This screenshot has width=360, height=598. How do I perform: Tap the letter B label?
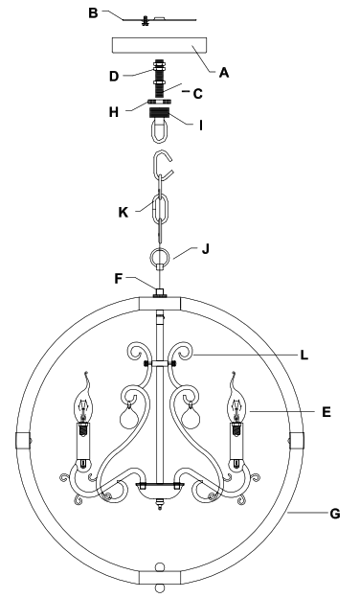(x=92, y=13)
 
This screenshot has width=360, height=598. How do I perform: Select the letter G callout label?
(x=334, y=514)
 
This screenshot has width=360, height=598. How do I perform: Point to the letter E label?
(x=327, y=412)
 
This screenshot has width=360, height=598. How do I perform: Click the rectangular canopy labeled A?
(x=160, y=48)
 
